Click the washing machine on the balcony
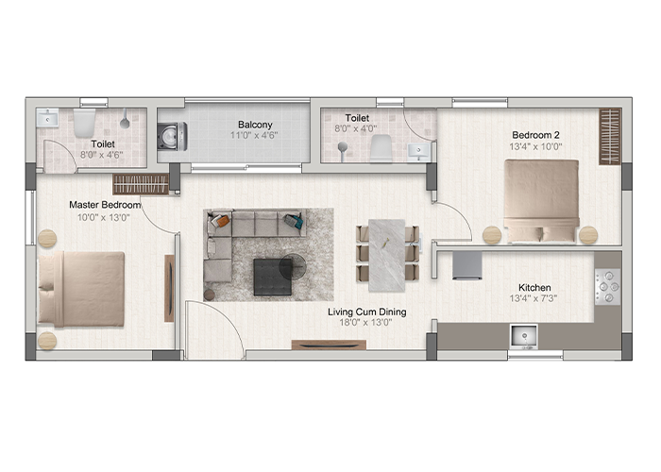172,137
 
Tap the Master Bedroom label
105,205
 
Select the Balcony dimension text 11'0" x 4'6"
254,135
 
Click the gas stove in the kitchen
607,287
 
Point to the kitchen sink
524,337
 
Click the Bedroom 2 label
535,135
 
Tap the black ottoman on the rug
273,277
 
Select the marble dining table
386,256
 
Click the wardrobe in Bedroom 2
610,137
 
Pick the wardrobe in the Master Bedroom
141,184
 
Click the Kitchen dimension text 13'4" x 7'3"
534,298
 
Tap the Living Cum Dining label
366,312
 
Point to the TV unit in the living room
329,345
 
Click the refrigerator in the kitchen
467,265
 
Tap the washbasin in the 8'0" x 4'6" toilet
47,118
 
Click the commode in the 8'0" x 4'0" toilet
381,148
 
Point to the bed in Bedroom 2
541,201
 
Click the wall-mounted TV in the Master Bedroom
169,288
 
